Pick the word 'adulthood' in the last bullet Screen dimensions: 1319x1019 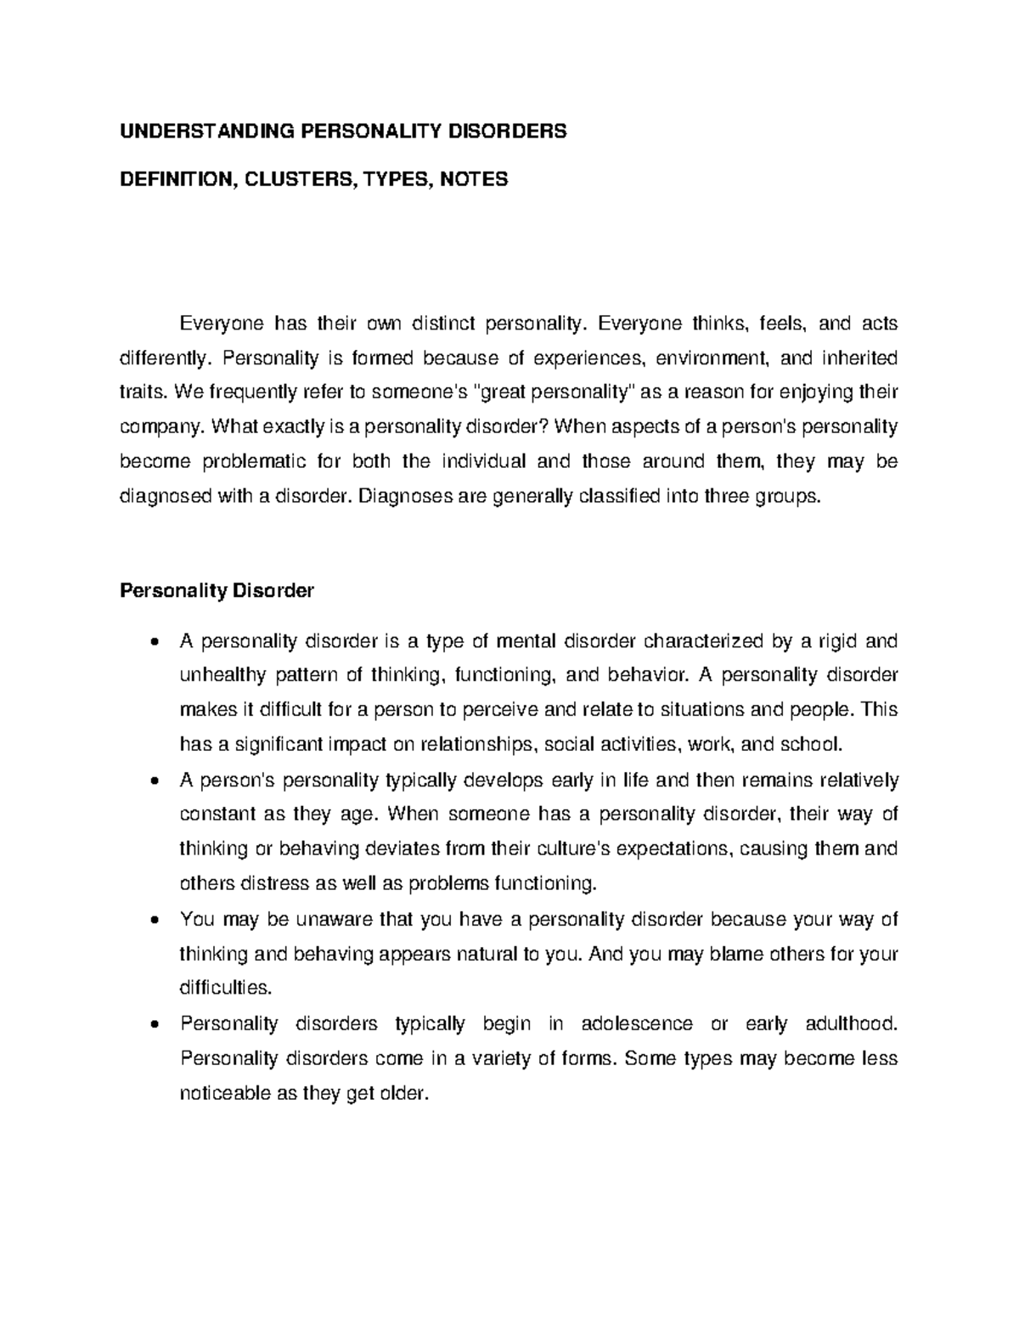854,1023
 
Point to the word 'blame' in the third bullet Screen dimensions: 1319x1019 733,954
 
